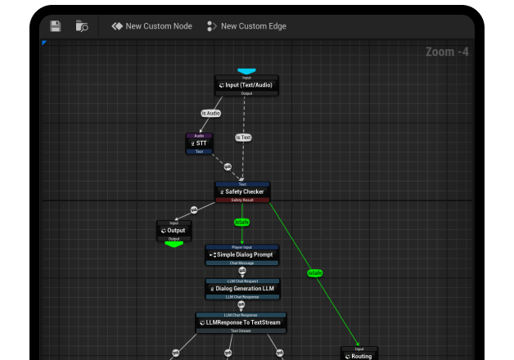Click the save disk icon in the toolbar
coord(56,26)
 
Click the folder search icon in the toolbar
coord(82,26)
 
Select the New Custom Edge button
coord(246,26)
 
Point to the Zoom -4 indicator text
coord(447,52)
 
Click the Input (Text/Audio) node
coord(246,85)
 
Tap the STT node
coord(199,143)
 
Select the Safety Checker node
coord(242,191)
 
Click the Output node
coord(174,231)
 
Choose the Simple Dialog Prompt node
coord(241,254)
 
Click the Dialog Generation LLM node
coord(242,288)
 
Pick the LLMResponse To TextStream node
coord(241,322)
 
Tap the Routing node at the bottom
coord(359,355)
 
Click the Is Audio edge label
coord(210,113)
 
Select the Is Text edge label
coord(243,137)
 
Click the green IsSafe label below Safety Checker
coord(241,222)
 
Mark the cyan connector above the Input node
coord(246,72)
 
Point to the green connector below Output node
coord(174,243)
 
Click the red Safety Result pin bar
coord(242,200)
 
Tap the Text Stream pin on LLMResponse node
coord(241,331)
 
